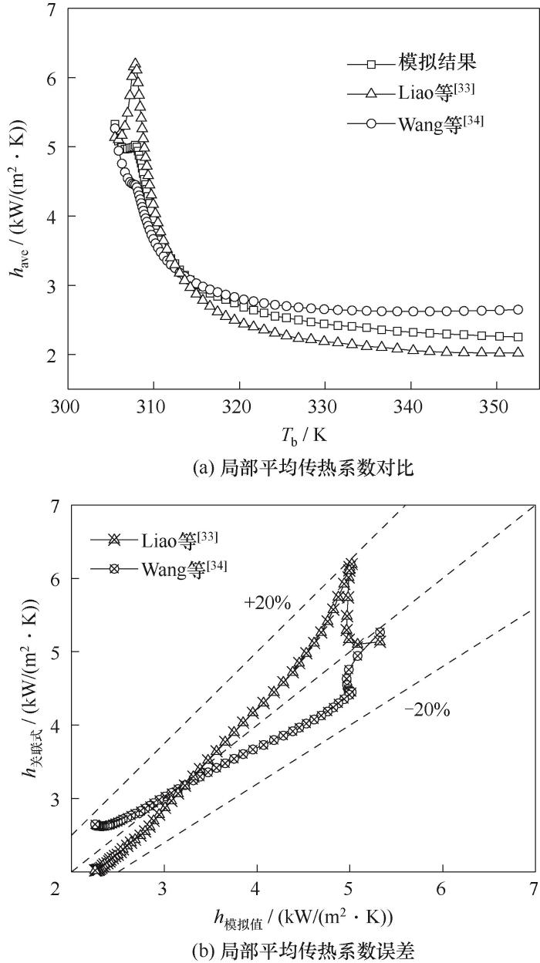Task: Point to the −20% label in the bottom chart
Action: click(x=427, y=710)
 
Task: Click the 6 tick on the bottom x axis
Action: click(x=442, y=888)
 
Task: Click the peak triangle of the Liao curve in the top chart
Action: click(x=135, y=65)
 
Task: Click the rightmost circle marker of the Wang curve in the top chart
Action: click(x=518, y=309)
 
